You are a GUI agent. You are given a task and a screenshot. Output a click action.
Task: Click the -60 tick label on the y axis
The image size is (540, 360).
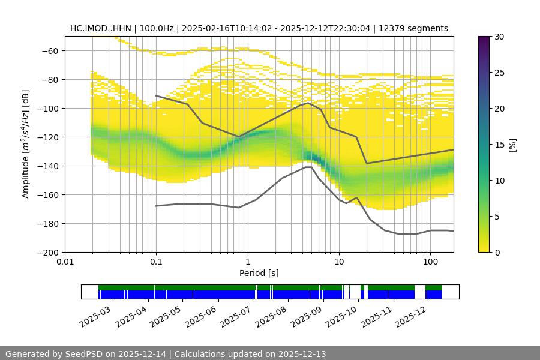[x=50, y=50]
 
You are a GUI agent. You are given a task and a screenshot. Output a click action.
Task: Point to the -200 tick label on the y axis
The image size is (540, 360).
[x=47, y=252]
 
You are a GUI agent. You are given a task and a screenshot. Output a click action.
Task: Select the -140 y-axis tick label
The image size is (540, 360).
[x=47, y=166]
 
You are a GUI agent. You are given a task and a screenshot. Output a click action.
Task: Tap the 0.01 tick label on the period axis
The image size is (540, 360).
[x=65, y=262]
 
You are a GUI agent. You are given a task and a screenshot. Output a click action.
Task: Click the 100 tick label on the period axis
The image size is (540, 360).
[x=430, y=262]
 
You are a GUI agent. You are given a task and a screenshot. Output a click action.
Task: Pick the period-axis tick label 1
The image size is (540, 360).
[x=247, y=262]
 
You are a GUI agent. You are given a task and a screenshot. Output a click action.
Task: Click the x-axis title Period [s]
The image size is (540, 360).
[x=259, y=273]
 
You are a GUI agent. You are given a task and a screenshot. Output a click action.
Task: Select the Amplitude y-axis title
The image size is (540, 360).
[x=26, y=144]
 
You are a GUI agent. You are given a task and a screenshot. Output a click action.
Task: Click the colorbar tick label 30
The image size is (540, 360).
[x=499, y=37]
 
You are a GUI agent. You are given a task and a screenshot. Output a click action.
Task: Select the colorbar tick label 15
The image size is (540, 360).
[x=499, y=145]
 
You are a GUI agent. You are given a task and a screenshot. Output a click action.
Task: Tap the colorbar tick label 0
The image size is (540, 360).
[x=497, y=252]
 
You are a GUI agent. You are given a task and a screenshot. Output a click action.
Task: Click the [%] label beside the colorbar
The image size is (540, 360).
[x=512, y=145]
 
